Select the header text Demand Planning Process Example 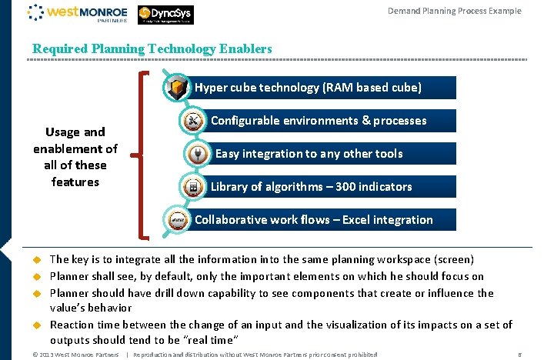[454, 11]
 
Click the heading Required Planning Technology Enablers [152, 48]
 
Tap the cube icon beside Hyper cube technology [178, 87]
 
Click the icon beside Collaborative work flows [178, 219]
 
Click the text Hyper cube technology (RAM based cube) [308, 88]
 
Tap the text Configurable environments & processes [319, 121]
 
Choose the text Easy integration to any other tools [309, 154]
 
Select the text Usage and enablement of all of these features [75, 156]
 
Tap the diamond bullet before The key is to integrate [35, 260]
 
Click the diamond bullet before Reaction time [35, 326]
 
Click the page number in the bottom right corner [521, 355]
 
